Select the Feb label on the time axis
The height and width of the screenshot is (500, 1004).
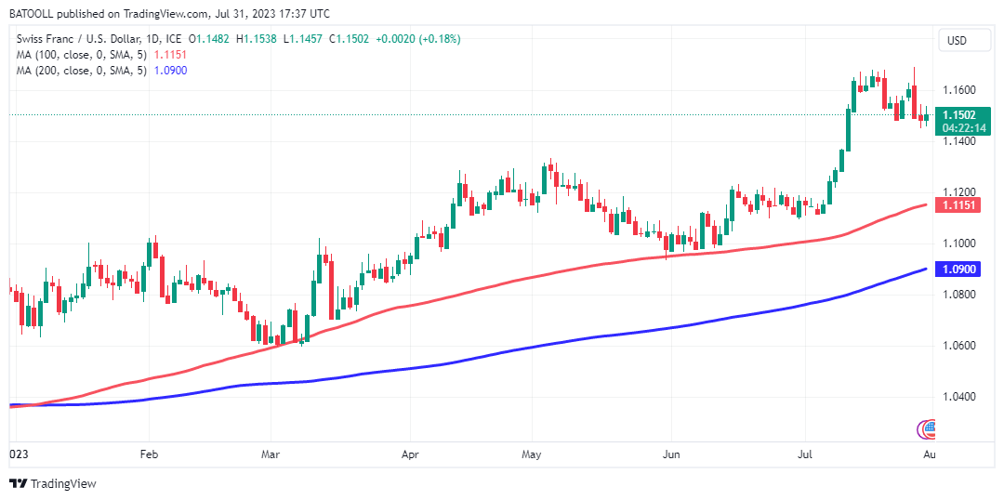tap(148, 455)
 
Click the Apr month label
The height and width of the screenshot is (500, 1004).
tap(409, 455)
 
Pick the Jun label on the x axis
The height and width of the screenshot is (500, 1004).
tap(671, 455)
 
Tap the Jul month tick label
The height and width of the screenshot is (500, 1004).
tap(805, 455)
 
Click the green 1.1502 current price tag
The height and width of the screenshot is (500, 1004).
tap(957, 114)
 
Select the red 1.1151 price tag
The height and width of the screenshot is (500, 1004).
tap(957, 204)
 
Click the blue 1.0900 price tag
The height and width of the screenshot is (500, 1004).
tap(957, 269)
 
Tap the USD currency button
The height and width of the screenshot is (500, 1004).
tap(957, 40)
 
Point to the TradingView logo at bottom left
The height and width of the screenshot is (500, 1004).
tap(53, 483)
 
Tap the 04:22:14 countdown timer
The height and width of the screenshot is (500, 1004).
tap(957, 127)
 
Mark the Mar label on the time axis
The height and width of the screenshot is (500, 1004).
tap(271, 455)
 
